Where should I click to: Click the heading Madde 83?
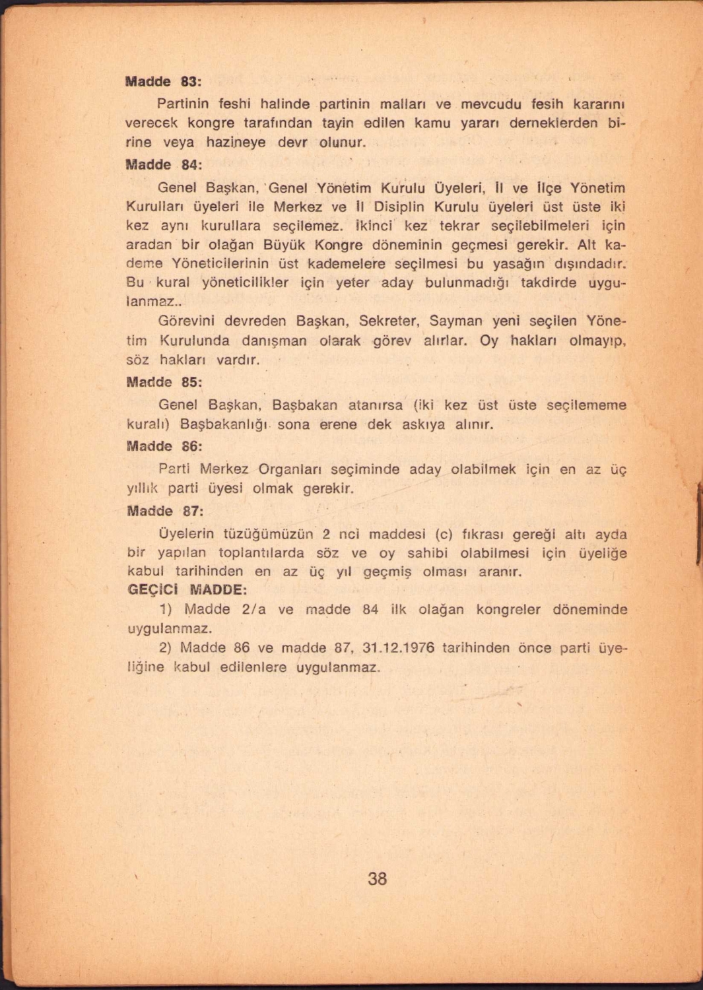[164, 82]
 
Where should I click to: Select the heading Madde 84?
[164, 164]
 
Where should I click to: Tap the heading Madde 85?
[164, 382]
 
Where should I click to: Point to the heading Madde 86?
[164, 446]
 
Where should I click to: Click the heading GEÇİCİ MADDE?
[187, 589]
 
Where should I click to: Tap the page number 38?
[377, 878]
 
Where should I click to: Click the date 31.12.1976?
[398, 647]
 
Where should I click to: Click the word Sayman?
[455, 321]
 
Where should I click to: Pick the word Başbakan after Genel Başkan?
[304, 405]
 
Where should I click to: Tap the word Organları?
[290, 469]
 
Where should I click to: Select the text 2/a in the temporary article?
[254, 609]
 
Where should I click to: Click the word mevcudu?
[490, 104]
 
